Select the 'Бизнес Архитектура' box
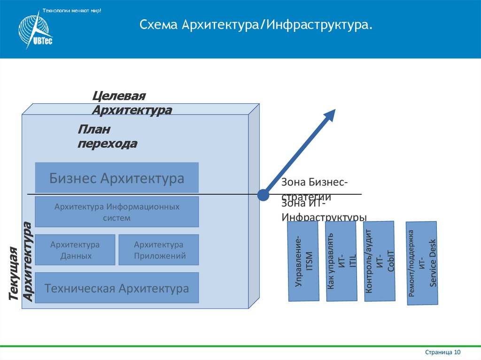point(117,178)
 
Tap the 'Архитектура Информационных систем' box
point(117,212)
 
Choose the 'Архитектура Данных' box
point(75,250)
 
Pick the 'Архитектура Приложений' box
point(159,250)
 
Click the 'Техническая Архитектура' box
point(117,288)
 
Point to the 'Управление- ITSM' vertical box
point(303,261)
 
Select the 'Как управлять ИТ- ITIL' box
point(341,261)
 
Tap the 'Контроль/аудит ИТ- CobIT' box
point(379,261)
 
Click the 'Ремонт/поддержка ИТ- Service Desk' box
point(422,263)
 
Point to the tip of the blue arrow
point(334,111)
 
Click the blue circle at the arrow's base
point(264,194)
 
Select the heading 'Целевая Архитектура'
point(132,103)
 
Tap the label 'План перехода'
point(107,137)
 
